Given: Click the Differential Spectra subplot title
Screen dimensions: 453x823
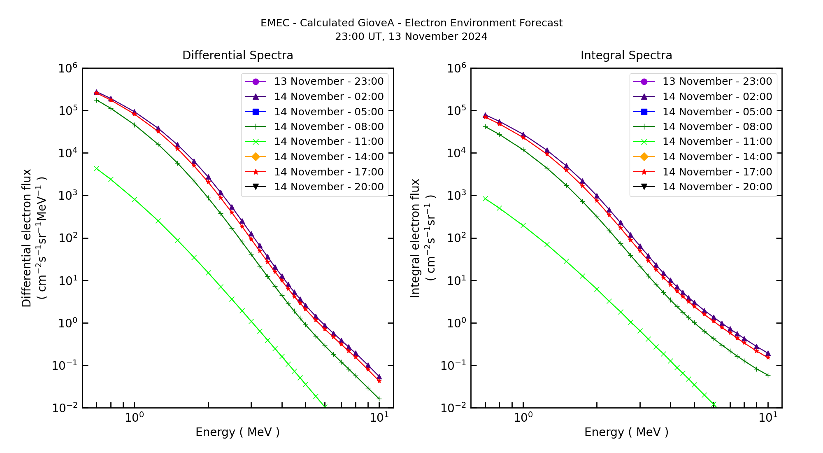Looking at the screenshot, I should point(237,56).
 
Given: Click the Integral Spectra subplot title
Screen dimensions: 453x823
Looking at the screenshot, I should point(626,56).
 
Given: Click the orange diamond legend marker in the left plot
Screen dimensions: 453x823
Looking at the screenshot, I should point(256,157).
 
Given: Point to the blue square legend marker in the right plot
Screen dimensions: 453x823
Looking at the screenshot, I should point(644,112).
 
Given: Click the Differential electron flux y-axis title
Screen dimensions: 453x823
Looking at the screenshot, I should point(27,238).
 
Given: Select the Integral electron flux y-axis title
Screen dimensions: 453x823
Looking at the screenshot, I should point(415,238).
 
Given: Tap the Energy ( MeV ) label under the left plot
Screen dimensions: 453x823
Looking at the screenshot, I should point(237,432).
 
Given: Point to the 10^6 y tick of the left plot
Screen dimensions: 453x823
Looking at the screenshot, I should point(68,68).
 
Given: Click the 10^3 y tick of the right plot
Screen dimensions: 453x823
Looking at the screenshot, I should point(456,196).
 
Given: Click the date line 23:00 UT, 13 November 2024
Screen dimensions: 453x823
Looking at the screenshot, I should point(411,37).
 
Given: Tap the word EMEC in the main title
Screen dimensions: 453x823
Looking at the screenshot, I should point(275,23).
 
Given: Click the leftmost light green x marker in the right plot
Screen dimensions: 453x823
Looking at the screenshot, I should point(485,198).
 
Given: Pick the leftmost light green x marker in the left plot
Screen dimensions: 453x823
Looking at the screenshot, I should point(96,168).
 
